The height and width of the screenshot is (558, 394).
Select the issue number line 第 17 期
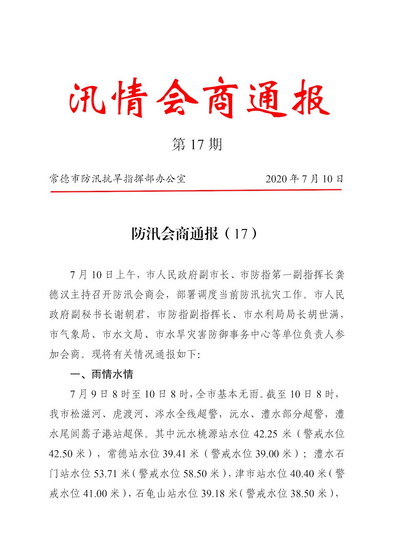[197, 144]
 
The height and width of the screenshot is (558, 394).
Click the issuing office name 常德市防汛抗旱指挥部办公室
[117, 179]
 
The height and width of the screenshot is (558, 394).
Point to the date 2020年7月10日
[305, 179]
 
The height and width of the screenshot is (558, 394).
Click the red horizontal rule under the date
[196, 191]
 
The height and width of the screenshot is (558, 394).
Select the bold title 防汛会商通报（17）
[196, 234]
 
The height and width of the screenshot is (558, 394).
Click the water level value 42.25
[268, 434]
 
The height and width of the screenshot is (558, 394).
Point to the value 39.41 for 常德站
[175, 454]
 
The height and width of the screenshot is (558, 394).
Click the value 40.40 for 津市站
[303, 474]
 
